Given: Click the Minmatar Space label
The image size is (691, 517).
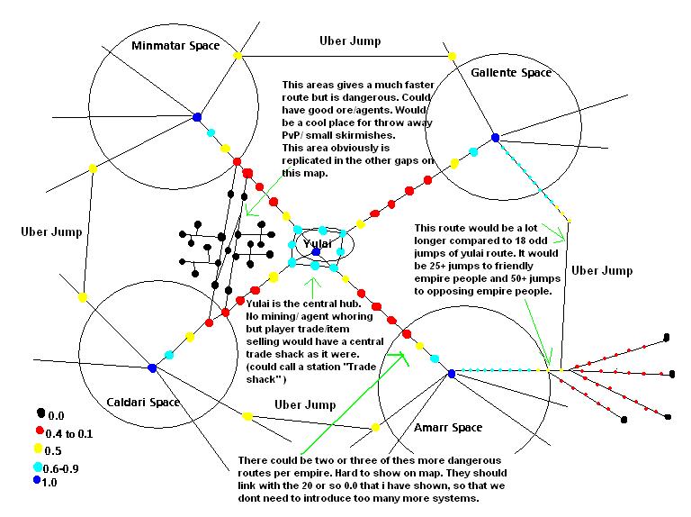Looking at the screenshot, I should point(175,46).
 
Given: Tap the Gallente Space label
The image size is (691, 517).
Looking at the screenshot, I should point(510,72).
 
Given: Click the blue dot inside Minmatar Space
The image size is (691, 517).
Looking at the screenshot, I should point(196,116).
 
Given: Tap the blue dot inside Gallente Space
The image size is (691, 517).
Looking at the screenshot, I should point(494,137).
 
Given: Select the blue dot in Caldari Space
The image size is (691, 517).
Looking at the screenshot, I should point(151,367).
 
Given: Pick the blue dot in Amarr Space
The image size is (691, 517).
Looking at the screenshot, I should point(451,372).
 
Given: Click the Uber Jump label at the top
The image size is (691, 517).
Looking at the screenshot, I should point(350,41).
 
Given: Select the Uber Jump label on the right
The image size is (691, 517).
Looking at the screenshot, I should point(603,270).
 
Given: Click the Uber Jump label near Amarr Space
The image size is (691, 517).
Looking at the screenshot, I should point(305,405).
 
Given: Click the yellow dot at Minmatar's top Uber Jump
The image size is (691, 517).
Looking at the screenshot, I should point(238,57).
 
